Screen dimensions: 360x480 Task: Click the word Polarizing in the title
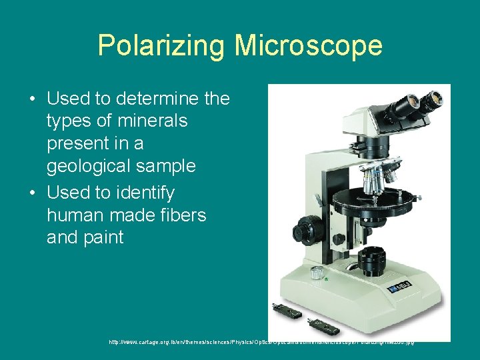click(x=162, y=45)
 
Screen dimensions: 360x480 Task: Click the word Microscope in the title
click(x=308, y=45)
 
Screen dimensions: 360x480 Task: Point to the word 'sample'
click(x=171, y=165)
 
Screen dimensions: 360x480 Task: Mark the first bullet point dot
click(x=32, y=100)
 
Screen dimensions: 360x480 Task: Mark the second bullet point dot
click(x=32, y=194)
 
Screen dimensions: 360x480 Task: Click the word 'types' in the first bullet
click(x=70, y=121)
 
